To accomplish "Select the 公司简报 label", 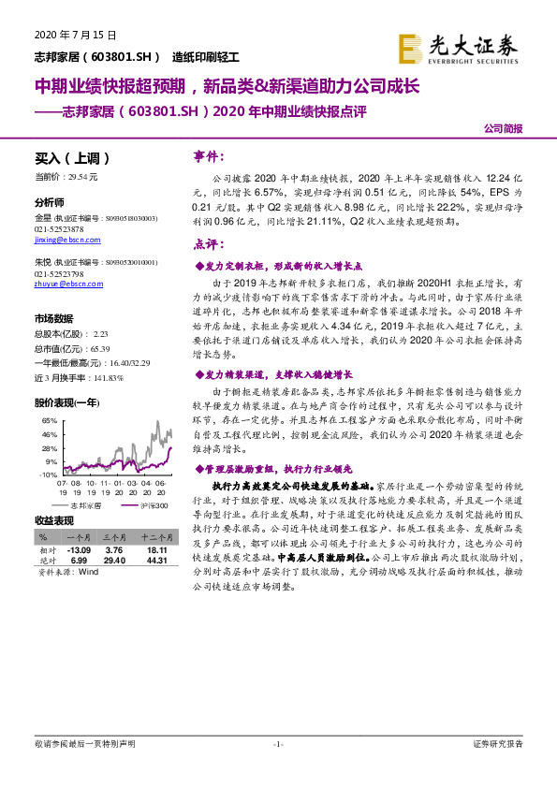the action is click(503, 128).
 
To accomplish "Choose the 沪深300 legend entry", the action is click(145, 504).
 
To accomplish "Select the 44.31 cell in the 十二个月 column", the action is click(154, 560).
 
